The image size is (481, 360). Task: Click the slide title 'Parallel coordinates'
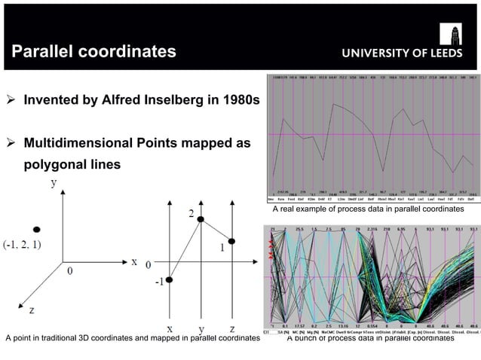pyautogui.click(x=93, y=51)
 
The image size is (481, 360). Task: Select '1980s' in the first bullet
pyautogui.click(x=239, y=100)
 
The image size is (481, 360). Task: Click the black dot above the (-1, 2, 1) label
pyautogui.click(x=36, y=228)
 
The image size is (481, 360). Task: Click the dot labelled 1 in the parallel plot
pyautogui.click(x=232, y=241)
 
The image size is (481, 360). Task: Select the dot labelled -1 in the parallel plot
pyautogui.click(x=169, y=280)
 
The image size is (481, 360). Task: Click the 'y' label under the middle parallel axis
pyautogui.click(x=201, y=330)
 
